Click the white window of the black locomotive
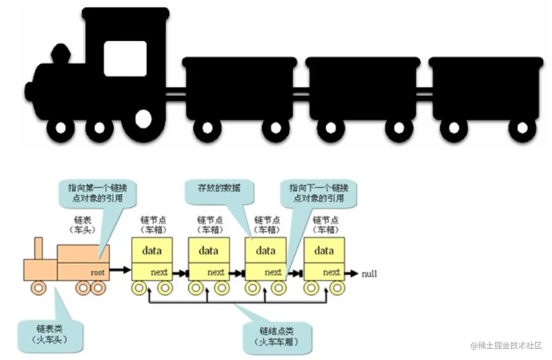(x=125, y=58)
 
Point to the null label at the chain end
(x=369, y=273)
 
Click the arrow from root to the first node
(x=120, y=270)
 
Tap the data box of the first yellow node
(x=152, y=250)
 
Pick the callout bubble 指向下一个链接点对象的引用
(x=319, y=193)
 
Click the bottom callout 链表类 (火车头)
(x=49, y=334)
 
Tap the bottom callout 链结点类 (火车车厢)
(x=277, y=337)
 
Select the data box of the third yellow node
(x=266, y=250)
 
